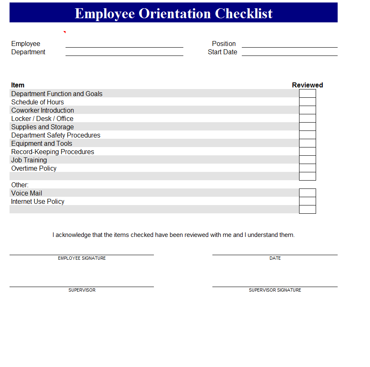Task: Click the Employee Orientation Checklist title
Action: (173, 13)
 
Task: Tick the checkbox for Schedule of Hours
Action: (307, 102)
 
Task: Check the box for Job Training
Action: (307, 160)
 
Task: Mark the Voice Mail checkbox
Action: (307, 193)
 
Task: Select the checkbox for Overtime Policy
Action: (307, 168)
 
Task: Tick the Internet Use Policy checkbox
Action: (307, 201)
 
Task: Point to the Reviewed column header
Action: (307, 85)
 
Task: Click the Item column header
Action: (18, 85)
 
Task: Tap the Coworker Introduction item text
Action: (43, 110)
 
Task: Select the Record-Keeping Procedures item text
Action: (53, 152)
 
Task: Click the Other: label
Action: (20, 185)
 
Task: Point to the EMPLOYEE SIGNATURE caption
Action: (82, 258)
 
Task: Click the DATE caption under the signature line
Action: (275, 258)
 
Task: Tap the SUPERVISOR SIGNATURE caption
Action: (275, 290)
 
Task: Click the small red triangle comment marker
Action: (65, 32)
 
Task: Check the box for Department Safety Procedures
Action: (307, 135)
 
